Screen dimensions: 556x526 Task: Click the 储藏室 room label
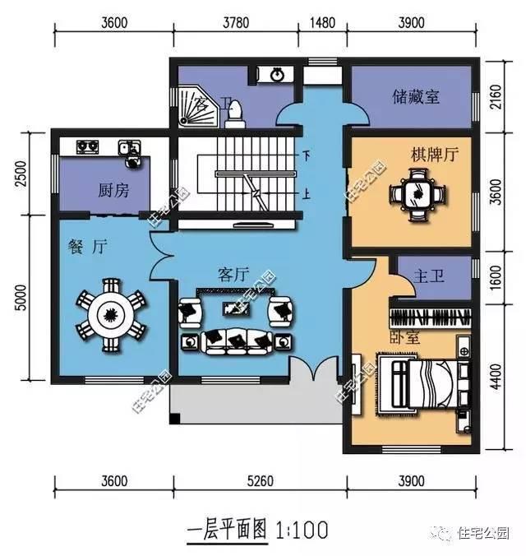[414, 97]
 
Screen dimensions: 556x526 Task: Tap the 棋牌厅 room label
[435, 154]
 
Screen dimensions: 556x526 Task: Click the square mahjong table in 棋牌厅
[418, 194]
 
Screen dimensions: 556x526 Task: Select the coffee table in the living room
[237, 309]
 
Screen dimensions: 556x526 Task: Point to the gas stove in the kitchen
[88, 147]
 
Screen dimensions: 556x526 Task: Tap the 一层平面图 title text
[228, 528]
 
